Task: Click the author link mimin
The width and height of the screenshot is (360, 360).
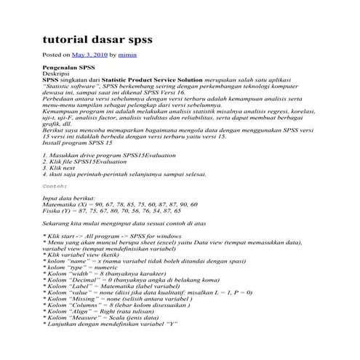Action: click(129, 55)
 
